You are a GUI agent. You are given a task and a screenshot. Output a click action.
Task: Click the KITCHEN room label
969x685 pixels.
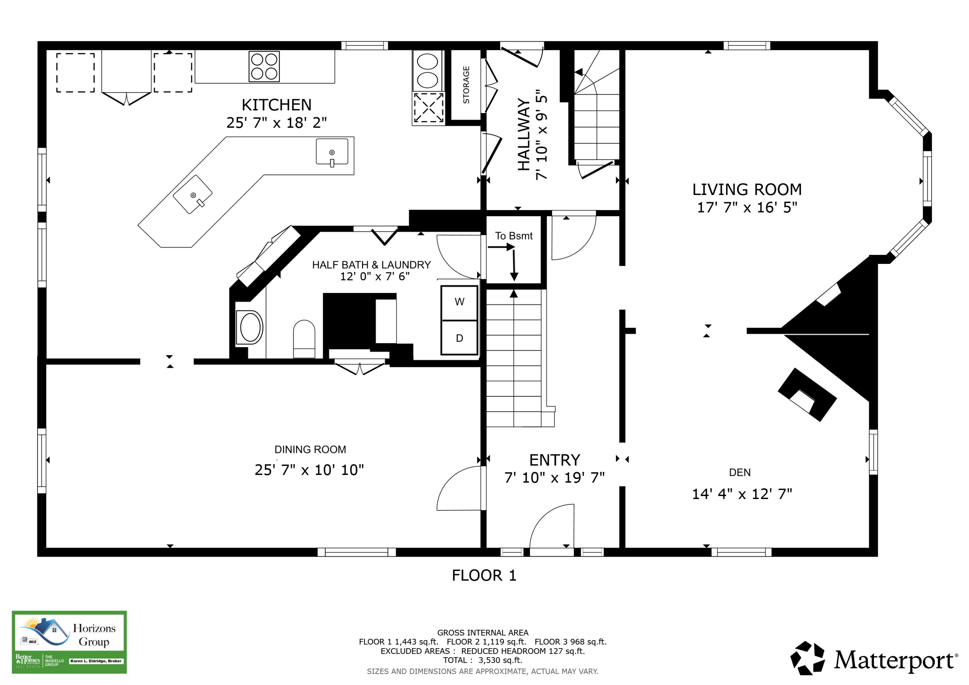click(x=276, y=105)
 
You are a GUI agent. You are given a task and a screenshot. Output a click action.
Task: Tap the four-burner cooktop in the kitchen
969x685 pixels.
click(x=264, y=66)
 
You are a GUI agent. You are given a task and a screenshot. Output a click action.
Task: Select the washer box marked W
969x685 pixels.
click(x=459, y=303)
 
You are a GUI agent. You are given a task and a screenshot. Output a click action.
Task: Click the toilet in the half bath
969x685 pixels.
click(x=304, y=339)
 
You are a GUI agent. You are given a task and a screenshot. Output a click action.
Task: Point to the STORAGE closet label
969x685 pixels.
click(x=466, y=85)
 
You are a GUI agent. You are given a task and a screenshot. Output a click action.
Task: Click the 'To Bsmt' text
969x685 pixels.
click(x=514, y=236)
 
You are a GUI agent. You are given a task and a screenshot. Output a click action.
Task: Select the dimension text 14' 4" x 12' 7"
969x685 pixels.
click(x=742, y=494)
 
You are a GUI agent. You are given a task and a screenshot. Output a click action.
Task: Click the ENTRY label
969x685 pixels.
click(x=555, y=460)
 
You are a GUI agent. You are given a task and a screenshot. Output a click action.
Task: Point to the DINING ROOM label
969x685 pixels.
click(x=310, y=450)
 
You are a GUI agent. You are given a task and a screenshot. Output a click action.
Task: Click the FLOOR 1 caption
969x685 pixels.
click(x=484, y=575)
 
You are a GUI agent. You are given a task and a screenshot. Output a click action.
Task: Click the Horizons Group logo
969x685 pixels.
click(x=69, y=642)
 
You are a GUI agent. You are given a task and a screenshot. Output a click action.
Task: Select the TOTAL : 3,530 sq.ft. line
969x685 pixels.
click(x=482, y=660)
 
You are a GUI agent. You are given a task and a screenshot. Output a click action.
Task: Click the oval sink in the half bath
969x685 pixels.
click(x=250, y=327)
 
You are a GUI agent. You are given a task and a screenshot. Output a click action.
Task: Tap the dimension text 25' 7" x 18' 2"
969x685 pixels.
click(x=276, y=123)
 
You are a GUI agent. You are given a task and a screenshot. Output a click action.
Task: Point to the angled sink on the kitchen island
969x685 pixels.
click(x=193, y=194)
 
